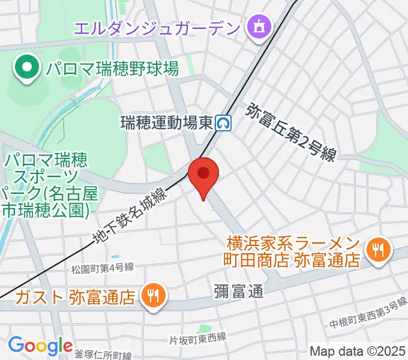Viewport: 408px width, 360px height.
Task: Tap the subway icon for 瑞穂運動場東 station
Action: pyautogui.click(x=225, y=123)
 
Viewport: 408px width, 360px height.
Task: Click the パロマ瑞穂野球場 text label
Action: pyautogui.click(x=112, y=69)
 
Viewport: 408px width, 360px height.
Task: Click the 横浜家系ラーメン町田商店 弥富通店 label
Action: pyautogui.click(x=293, y=252)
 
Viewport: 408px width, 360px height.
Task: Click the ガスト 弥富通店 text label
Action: pyautogui.click(x=75, y=296)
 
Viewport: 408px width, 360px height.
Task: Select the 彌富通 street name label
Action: pyautogui.click(x=238, y=292)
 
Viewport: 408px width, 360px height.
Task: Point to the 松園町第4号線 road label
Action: pyautogui.click(x=101, y=267)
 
